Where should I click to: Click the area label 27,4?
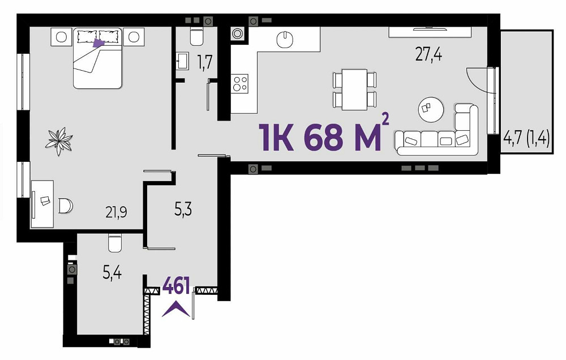[428, 55]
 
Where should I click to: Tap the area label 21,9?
[116, 212]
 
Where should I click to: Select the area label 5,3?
[183, 209]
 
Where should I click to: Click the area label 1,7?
[205, 62]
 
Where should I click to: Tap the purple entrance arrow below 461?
[176, 310]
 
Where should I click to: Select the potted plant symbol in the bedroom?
[59, 141]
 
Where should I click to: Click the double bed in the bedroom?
[97, 58]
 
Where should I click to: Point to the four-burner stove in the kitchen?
[240, 83]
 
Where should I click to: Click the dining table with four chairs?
[354, 89]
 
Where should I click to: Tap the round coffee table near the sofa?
[431, 110]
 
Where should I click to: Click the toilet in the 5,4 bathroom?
[115, 243]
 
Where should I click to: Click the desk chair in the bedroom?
[66, 206]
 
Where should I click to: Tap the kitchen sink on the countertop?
[286, 40]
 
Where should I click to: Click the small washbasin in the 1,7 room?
[182, 61]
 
